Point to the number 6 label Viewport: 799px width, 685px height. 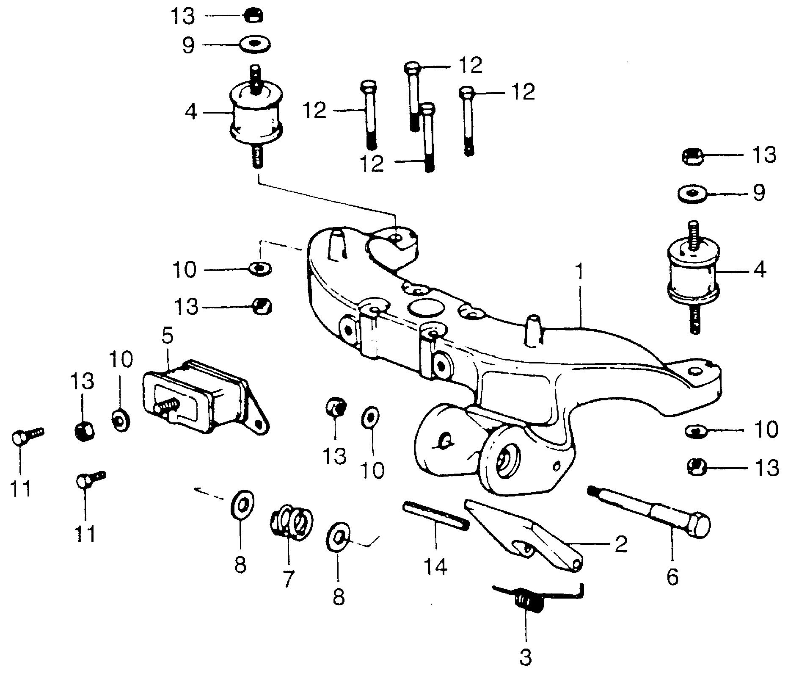pyautogui.click(x=672, y=577)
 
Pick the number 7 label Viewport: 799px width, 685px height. pyautogui.click(x=287, y=578)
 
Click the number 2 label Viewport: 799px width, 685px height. pyautogui.click(x=620, y=544)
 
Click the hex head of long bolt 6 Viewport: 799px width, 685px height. pyautogui.click(x=697, y=525)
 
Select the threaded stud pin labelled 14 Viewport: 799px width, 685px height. pyautogui.click(x=436, y=516)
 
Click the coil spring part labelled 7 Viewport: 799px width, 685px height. pyautogui.click(x=292, y=522)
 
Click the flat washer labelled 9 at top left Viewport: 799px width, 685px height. pyautogui.click(x=255, y=44)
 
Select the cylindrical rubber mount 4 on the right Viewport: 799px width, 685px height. pyautogui.click(x=692, y=271)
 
